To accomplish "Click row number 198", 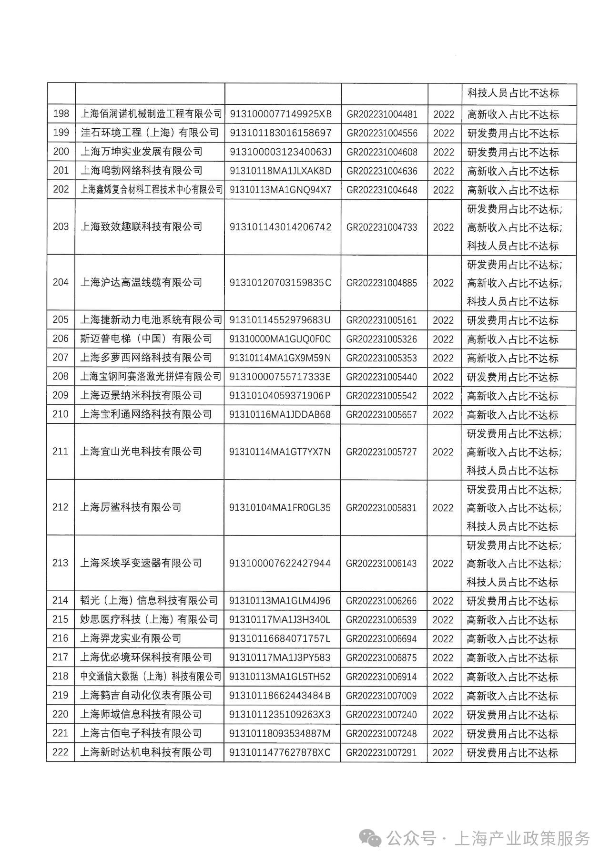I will (61, 114).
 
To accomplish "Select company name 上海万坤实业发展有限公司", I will (142, 152).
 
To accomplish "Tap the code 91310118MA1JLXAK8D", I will (280, 171).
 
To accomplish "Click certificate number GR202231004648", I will (382, 190).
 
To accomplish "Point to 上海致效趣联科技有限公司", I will (142, 227).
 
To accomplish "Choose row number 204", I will (61, 282).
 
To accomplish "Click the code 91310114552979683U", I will (280, 320).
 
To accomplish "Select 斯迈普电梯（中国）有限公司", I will (146, 339).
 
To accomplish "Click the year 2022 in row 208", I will (443, 377).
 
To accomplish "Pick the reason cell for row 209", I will (512, 396).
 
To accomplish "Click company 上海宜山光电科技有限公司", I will (141, 452).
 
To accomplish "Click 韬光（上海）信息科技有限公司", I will (149, 601).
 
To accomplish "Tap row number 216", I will (61, 638).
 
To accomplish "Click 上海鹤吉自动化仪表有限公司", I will (146, 695).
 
